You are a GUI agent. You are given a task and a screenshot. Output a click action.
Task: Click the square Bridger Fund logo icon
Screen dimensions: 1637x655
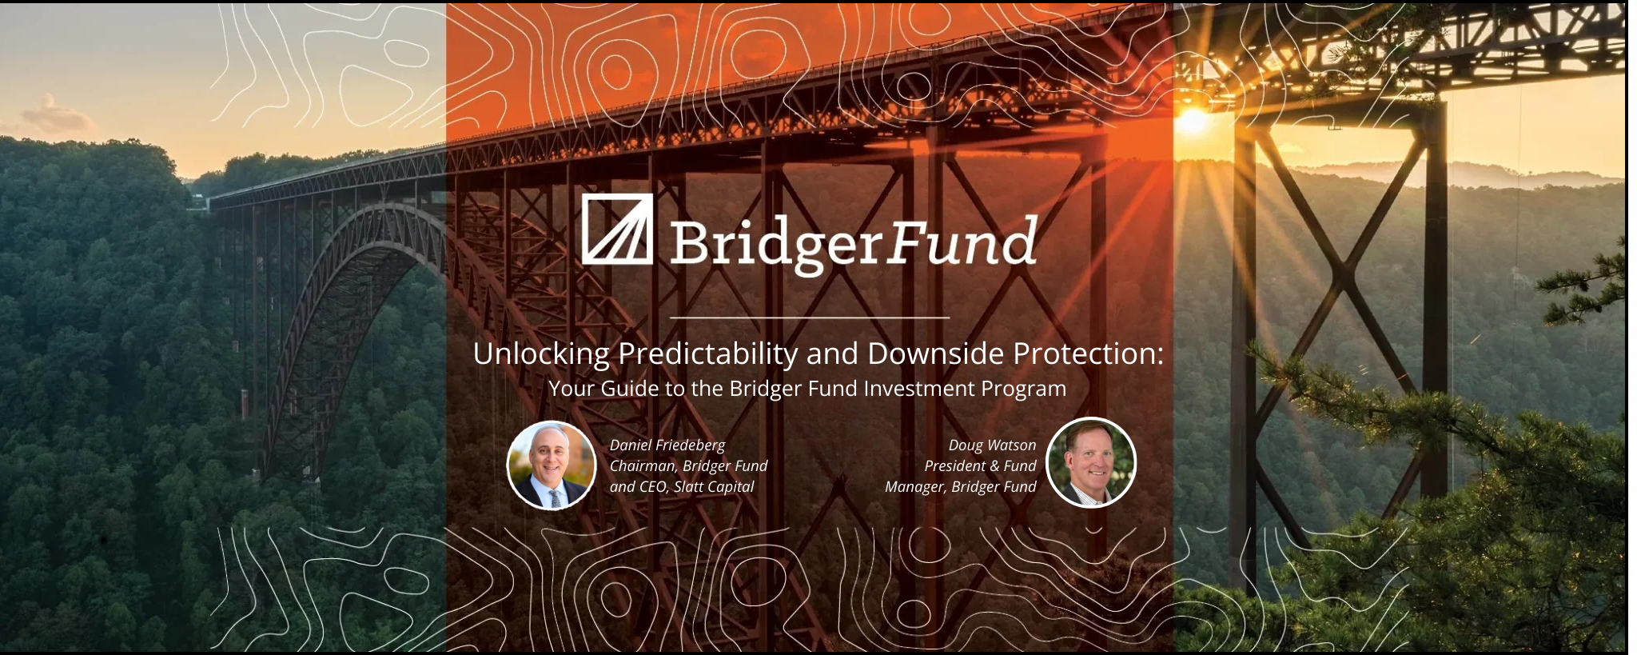coord(617,229)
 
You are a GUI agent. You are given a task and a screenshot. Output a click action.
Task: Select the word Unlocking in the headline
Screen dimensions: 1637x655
coord(541,353)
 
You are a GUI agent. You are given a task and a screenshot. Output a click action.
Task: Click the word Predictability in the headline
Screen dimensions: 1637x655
coord(707,353)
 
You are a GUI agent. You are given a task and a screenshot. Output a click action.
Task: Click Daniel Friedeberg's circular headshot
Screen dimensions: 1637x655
coord(552,465)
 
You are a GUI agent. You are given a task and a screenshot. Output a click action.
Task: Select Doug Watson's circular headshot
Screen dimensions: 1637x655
coord(1090,462)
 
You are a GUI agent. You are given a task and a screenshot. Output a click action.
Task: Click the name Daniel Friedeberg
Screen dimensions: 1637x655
coord(667,445)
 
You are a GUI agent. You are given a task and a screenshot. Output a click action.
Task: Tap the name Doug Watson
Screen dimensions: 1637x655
coord(992,445)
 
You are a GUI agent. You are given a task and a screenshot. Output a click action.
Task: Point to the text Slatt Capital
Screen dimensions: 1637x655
coord(714,486)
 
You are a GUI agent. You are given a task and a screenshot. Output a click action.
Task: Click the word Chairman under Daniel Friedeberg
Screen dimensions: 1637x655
coord(643,466)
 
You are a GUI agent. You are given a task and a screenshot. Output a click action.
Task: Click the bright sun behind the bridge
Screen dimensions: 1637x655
coord(1193,121)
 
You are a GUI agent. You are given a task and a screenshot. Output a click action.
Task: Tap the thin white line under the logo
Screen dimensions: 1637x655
coord(810,318)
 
